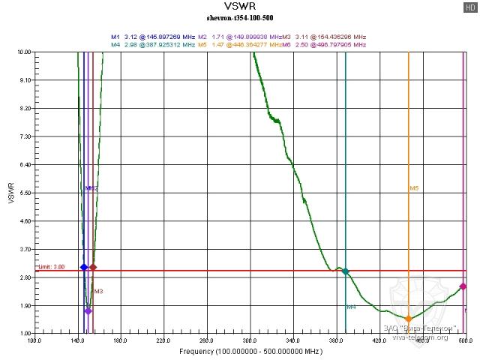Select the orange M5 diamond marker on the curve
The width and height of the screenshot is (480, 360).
tap(409, 319)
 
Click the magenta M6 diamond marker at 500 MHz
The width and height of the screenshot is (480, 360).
tap(463, 286)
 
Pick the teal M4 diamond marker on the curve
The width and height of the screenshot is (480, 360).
tap(346, 271)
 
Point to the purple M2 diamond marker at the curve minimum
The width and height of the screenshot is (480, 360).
tap(88, 310)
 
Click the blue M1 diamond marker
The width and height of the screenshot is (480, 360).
tap(83, 267)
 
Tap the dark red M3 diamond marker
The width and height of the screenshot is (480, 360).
tap(93, 267)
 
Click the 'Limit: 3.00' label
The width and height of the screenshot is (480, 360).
tap(52, 266)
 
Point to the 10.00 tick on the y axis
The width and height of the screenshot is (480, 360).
tap(23, 52)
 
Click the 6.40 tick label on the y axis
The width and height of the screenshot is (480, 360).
tap(23, 165)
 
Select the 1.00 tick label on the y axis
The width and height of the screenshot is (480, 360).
tap(23, 333)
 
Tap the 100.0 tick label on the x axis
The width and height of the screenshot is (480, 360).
tap(34, 340)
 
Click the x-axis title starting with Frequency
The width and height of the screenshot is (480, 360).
tap(250, 351)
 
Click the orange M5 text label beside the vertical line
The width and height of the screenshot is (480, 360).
tap(414, 188)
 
